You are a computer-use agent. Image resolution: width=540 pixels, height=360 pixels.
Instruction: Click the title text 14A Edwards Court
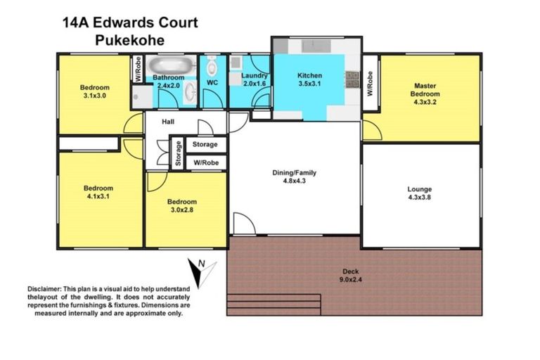coord(129,22)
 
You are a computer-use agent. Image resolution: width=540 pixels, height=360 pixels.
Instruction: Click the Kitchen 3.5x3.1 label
coord(309,79)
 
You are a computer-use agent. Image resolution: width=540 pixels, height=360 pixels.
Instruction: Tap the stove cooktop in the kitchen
coord(352,79)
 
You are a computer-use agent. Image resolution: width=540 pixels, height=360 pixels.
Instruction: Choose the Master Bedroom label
coord(426,90)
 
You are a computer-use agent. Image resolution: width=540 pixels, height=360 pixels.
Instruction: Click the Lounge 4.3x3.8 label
coord(420,193)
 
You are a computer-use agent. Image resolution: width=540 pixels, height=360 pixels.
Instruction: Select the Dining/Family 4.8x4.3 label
coord(295,176)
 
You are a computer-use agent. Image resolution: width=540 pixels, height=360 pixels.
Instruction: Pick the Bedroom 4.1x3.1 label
coord(98,193)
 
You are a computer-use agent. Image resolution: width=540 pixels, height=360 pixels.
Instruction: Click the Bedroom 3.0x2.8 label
coord(182,205)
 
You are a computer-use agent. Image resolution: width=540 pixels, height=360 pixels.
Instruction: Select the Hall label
coord(168,122)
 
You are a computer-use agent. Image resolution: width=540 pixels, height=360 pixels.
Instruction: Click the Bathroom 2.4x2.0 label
coord(169,81)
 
